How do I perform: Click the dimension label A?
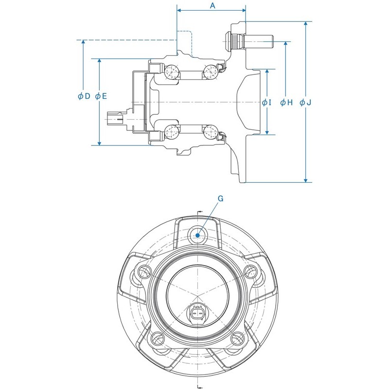tap(212, 6)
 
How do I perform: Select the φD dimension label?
tap(84, 96)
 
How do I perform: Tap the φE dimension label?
tap(101, 96)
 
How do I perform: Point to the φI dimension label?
tap(266, 103)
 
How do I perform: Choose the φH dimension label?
tap(286, 103)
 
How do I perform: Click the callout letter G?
tap(220, 198)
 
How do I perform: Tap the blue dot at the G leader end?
tap(197, 235)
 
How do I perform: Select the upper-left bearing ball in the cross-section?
tap(171, 72)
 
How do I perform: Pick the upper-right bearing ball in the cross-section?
tap(210, 71)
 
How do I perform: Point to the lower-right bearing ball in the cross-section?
tap(210, 131)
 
